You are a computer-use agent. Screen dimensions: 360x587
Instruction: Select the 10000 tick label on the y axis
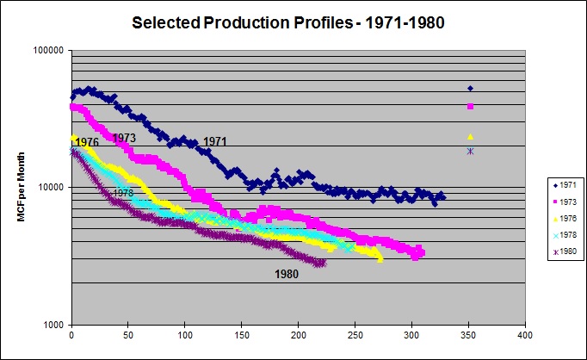pos(51,187)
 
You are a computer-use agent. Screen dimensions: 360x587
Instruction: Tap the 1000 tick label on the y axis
pos(53,325)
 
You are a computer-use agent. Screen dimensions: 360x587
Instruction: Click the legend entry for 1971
pos(564,184)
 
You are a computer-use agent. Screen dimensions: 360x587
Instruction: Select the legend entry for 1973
pos(564,201)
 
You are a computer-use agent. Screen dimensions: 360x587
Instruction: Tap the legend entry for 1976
pos(564,217)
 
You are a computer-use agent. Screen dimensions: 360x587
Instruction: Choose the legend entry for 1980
pos(564,251)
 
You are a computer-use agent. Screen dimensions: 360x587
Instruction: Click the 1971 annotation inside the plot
pos(216,141)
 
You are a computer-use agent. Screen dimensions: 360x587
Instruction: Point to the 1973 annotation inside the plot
pos(124,138)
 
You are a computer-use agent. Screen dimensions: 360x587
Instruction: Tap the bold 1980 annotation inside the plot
pos(287,275)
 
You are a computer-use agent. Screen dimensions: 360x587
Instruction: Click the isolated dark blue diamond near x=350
pos(470,88)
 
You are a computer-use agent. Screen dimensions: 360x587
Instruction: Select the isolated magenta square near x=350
pos(470,107)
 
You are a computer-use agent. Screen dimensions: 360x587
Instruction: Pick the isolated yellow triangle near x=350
pos(470,136)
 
